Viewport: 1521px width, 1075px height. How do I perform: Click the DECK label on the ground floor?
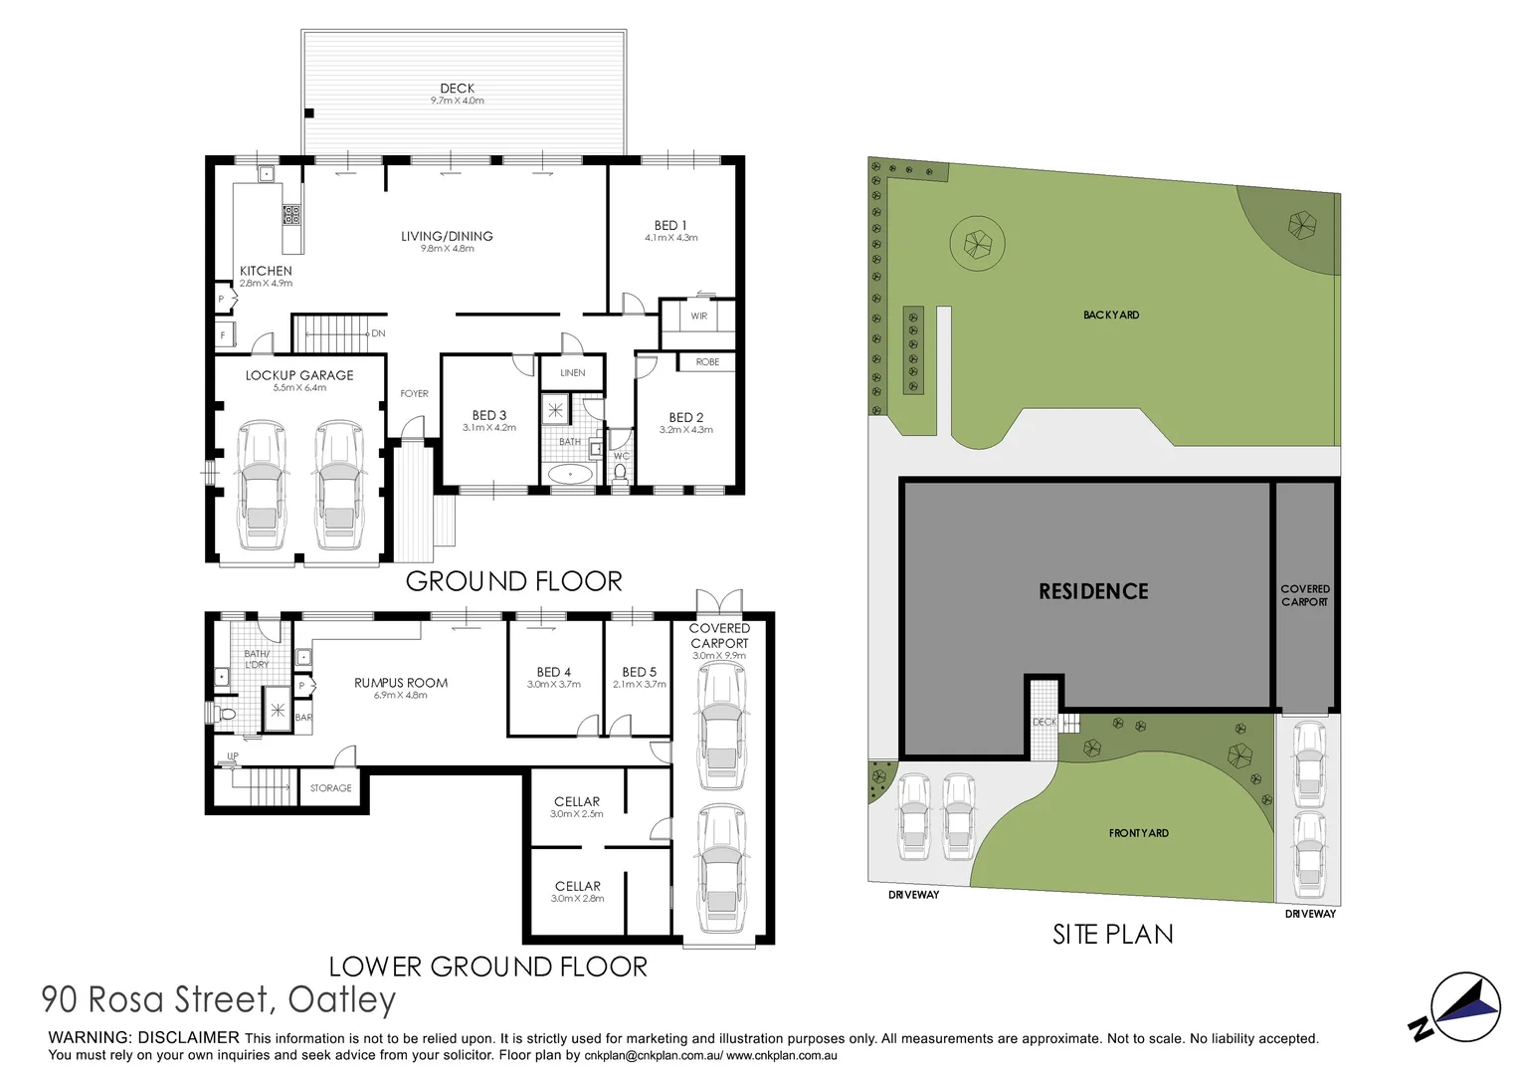[x=457, y=89]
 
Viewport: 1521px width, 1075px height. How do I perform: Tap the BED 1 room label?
[x=670, y=226]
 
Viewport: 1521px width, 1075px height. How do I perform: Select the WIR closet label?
[x=698, y=317]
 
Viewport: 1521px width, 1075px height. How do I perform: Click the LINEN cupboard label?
[x=573, y=373]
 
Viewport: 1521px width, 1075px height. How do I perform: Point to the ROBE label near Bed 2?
[x=707, y=362]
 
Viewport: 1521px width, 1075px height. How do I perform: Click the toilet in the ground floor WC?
[x=621, y=472]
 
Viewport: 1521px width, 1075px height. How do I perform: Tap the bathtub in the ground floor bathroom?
[x=569, y=474]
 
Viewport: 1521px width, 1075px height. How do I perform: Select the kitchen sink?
[x=267, y=174]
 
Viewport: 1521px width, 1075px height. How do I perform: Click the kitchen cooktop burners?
[x=291, y=214]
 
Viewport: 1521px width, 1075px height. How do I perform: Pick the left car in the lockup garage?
[x=262, y=485]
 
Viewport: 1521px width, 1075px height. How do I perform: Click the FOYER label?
[x=414, y=394]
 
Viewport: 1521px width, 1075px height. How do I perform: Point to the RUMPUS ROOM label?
[x=401, y=683]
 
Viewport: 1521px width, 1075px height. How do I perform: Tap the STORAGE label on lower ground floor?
[x=330, y=788]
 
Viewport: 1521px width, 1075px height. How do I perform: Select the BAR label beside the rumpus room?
[x=303, y=718]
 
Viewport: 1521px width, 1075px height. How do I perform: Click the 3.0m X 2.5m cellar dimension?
[x=577, y=814]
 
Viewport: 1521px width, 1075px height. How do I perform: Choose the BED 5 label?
[x=639, y=672]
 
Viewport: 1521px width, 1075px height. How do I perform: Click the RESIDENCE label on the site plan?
[x=1093, y=592]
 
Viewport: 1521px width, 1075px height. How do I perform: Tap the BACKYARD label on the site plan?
[x=1111, y=316]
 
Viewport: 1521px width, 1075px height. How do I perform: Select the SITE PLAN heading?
[x=1112, y=935]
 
